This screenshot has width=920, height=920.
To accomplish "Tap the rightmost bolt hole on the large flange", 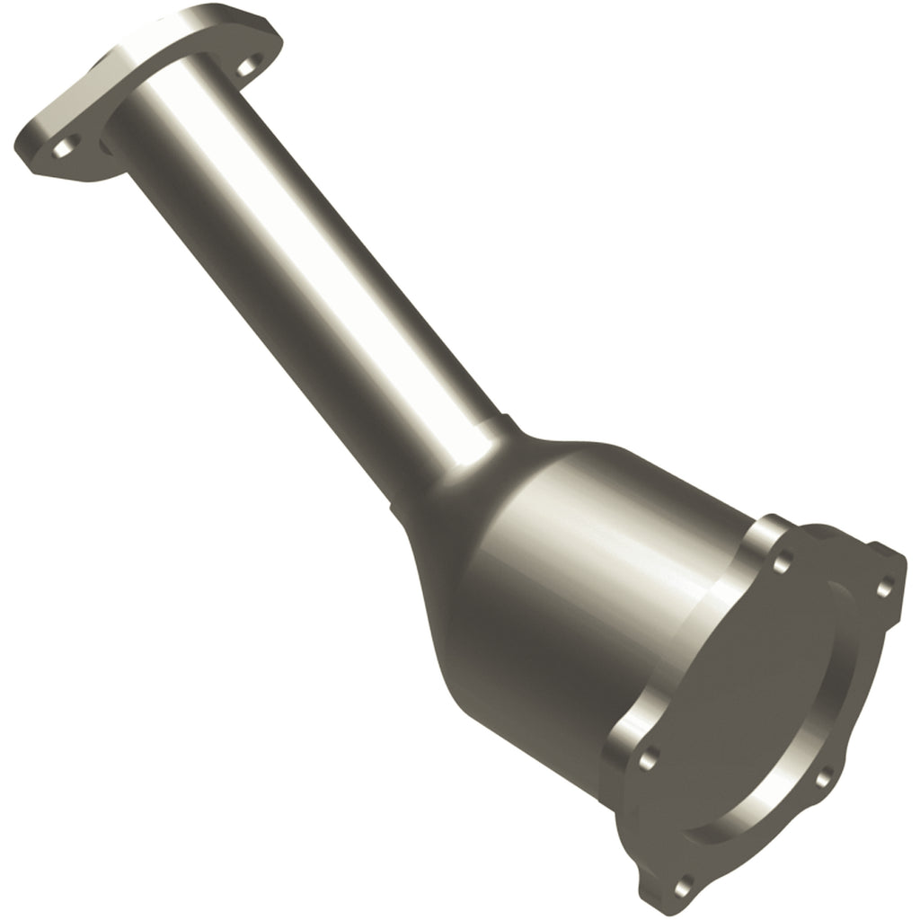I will (x=884, y=588).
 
